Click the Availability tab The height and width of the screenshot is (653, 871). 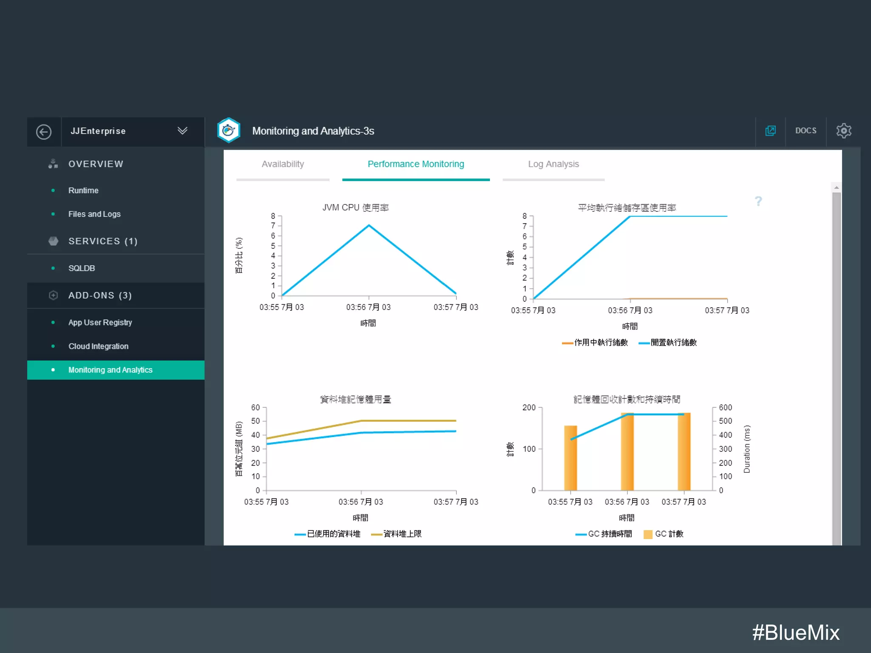coord(283,164)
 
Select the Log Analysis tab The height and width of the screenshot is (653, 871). coord(553,164)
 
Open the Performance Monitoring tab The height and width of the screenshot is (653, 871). coord(416,164)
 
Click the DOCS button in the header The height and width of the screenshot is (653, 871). coord(806,131)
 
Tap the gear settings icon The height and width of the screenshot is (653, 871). coord(843,131)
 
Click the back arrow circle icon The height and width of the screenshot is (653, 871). coord(44,132)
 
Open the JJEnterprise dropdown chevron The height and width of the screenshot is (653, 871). coord(182,131)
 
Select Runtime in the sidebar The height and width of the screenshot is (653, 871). coord(83,190)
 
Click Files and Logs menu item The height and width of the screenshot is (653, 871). coord(94,214)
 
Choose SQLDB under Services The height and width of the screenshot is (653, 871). coord(82,268)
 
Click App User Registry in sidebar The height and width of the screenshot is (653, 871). coord(100,323)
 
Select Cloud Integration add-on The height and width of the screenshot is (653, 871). coord(98,346)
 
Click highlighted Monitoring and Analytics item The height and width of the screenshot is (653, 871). coord(110,370)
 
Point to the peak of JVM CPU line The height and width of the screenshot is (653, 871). coord(369,225)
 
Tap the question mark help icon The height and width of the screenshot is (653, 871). coord(758,201)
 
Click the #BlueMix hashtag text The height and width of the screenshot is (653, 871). coord(795,633)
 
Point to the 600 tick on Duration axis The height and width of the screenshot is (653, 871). coord(725,407)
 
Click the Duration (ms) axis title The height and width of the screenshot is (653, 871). coord(747,449)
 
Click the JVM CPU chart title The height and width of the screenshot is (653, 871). coord(356,207)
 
